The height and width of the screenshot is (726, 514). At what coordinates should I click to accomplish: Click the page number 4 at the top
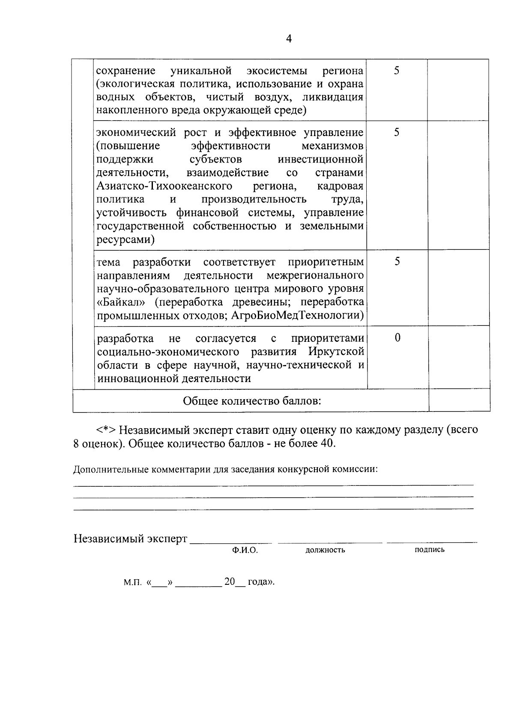pyautogui.click(x=289, y=39)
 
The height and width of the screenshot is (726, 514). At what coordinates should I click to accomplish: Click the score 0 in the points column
pyautogui.click(x=397, y=338)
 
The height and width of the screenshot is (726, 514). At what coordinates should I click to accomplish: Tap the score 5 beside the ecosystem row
pyautogui.click(x=397, y=71)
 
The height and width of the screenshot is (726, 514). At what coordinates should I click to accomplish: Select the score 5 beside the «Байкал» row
pyautogui.click(x=397, y=261)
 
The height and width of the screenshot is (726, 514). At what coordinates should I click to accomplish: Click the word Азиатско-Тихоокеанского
pyautogui.click(x=164, y=186)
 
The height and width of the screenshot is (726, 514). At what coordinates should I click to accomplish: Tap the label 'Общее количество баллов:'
pyautogui.click(x=252, y=401)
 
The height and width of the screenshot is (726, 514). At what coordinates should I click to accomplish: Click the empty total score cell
pyautogui.click(x=459, y=400)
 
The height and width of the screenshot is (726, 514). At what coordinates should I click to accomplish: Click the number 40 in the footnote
pyautogui.click(x=326, y=443)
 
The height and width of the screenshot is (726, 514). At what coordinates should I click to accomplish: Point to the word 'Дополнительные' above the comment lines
pyautogui.click(x=105, y=469)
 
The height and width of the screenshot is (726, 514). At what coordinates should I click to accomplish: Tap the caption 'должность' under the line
pyautogui.click(x=325, y=550)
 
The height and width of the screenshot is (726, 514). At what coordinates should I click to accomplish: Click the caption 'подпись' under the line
pyautogui.click(x=429, y=550)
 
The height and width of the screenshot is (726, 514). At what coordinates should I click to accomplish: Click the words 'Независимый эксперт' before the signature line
pyautogui.click(x=131, y=538)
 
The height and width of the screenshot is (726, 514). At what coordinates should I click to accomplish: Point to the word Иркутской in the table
pyautogui.click(x=336, y=352)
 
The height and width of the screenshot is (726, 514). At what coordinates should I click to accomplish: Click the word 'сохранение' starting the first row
pyautogui.click(x=126, y=71)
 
